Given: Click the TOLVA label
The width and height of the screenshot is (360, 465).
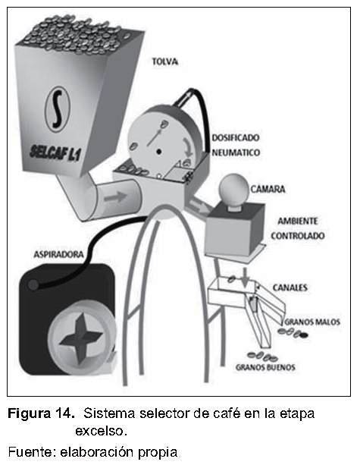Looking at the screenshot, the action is pos(165,61).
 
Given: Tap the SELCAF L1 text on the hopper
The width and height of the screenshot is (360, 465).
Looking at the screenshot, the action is pos(55,152).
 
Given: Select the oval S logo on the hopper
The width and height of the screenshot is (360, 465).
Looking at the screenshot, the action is pos(58,108).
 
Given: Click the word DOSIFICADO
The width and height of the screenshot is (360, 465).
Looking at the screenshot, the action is pos(236,137).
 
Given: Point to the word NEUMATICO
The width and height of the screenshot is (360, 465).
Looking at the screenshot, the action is pos(236,152).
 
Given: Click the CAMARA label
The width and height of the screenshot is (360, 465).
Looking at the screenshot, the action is pos(268,189).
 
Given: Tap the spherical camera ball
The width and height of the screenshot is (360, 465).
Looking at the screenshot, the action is pos(233,189).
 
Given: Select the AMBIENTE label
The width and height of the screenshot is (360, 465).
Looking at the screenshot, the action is pos(298,221).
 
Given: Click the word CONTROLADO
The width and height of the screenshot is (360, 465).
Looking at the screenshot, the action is pos(298,236).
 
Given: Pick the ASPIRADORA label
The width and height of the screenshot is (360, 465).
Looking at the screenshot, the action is pos(58,254).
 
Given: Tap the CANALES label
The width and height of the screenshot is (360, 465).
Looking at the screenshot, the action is pos(290,287).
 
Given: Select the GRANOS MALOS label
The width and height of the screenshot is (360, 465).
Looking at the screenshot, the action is pos(312,322).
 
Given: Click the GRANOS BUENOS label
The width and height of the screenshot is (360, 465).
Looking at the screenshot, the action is pos(265,367).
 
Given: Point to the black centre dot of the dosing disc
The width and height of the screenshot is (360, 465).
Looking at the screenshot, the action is pos(159,152).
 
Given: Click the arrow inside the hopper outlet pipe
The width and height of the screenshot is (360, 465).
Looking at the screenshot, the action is pos(115,197).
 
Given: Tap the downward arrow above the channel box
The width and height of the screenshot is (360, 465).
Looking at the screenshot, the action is pos(245,278).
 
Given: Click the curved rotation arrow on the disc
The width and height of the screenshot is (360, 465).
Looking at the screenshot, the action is pos(187,148).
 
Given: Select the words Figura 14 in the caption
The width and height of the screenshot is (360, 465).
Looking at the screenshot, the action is pos(41,413).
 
